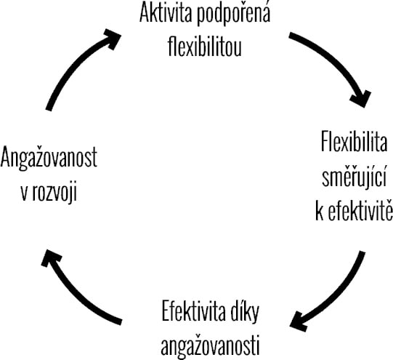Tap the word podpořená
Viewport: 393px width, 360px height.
pyautogui.click(x=234, y=14)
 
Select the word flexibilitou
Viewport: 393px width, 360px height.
pyautogui.click(x=205, y=47)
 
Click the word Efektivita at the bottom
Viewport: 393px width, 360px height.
pyautogui.click(x=193, y=311)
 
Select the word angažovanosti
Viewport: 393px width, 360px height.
pyautogui.click(x=210, y=345)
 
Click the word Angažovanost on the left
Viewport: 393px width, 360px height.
pyautogui.click(x=49, y=159)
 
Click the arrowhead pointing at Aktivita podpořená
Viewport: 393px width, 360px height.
pyautogui.click(x=113, y=38)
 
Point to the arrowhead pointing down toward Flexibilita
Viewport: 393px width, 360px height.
pyautogui.click(x=362, y=99)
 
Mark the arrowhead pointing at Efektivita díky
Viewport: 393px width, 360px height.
pyautogui.click(x=299, y=322)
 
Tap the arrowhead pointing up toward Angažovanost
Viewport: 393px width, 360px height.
pyautogui.click(x=50, y=257)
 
